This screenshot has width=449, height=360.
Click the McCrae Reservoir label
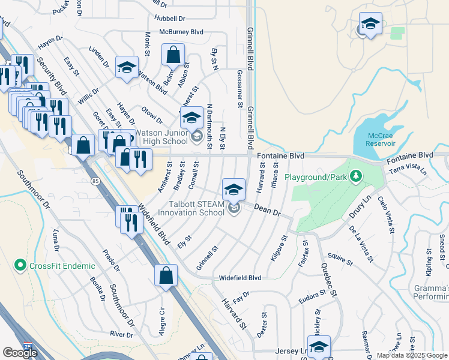pyautogui.click(x=381, y=140)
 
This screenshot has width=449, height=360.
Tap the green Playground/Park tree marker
pyautogui.click(x=357, y=176)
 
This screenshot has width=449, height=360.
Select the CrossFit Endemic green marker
pyautogui.click(x=20, y=265)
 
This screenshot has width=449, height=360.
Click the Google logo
pyautogui.click(x=20, y=353)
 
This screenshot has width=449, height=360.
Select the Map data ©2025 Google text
pyautogui.click(x=412, y=355)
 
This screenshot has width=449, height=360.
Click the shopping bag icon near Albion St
pyautogui.click(x=173, y=55)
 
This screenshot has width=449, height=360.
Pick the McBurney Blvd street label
pyautogui.click(x=181, y=32)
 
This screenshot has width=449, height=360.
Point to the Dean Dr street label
pyautogui.click(x=267, y=209)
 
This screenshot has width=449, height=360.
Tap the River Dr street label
pyautogui.click(x=121, y=334)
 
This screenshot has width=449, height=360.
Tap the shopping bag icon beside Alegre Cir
pyautogui.click(x=166, y=276)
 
